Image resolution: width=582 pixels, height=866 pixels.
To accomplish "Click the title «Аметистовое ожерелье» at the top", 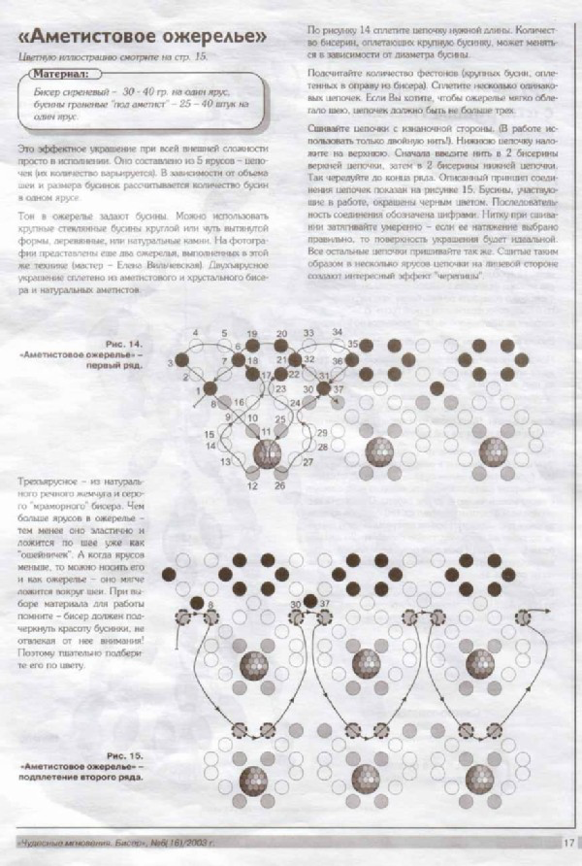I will pyautogui.click(x=143, y=38).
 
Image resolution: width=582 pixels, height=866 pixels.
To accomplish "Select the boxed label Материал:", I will pyautogui.click(x=67, y=73).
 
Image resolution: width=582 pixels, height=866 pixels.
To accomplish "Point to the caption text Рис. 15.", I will pyautogui.click(x=122, y=753).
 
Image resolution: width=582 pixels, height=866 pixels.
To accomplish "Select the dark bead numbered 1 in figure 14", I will pyautogui.click(x=209, y=389).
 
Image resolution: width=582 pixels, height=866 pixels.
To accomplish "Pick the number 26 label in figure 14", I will pyautogui.click(x=279, y=484).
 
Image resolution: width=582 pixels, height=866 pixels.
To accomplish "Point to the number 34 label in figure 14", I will pyautogui.click(x=337, y=333).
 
